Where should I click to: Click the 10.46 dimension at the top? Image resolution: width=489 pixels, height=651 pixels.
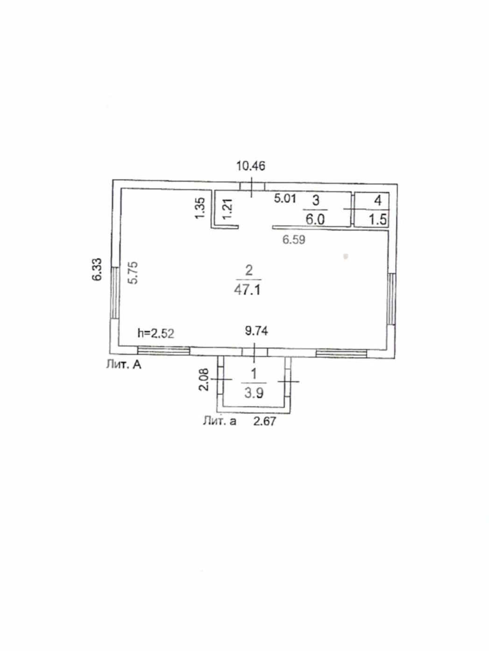[x=251, y=166]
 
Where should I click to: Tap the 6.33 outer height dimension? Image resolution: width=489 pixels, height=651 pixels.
[x=97, y=269]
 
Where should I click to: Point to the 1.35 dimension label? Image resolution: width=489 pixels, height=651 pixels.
[x=200, y=208]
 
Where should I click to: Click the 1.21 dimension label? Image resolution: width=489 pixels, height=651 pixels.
[x=228, y=209]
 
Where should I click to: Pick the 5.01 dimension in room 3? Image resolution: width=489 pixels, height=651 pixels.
[x=285, y=198]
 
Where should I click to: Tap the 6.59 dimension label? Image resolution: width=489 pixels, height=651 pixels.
[x=294, y=240]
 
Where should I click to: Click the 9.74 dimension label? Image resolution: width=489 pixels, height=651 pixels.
[x=256, y=330]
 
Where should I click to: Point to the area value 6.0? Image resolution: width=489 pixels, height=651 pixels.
[x=316, y=220]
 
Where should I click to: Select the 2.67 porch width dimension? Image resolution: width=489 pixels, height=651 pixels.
[x=264, y=421]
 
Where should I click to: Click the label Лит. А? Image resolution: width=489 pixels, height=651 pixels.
[x=124, y=365]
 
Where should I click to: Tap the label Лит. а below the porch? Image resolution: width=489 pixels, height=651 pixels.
[x=220, y=421]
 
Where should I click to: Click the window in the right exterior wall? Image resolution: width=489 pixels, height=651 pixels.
[x=392, y=299]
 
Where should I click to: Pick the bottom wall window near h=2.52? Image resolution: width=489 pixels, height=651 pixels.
[x=163, y=351]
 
